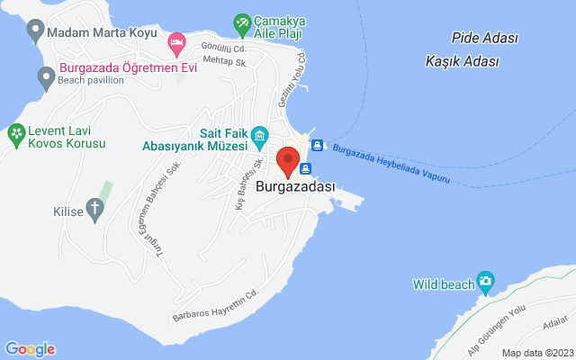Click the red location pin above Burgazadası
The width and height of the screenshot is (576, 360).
[288, 160]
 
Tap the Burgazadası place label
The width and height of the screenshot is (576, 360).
[295, 187]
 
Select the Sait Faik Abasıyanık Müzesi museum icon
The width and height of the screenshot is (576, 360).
[259, 138]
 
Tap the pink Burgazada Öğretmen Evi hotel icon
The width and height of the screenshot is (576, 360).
[177, 41]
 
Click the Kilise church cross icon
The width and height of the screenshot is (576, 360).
[95, 211]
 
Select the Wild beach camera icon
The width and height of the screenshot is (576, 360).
[486, 283]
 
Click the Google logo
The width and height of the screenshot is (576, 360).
[30, 349]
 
